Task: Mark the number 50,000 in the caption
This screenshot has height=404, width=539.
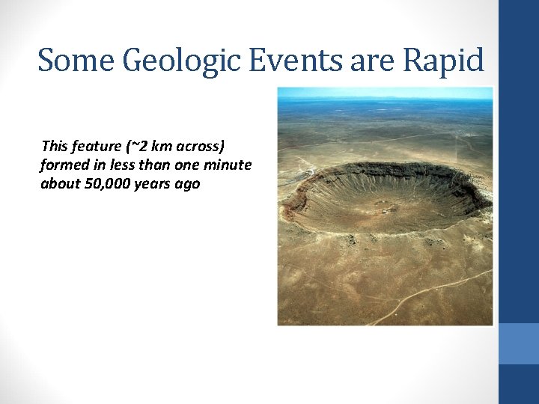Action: click(x=106, y=183)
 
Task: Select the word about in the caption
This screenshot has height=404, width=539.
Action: click(x=58, y=183)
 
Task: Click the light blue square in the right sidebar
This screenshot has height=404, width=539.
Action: click(x=518, y=343)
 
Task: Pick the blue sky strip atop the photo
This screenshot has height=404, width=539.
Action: click(x=385, y=92)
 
